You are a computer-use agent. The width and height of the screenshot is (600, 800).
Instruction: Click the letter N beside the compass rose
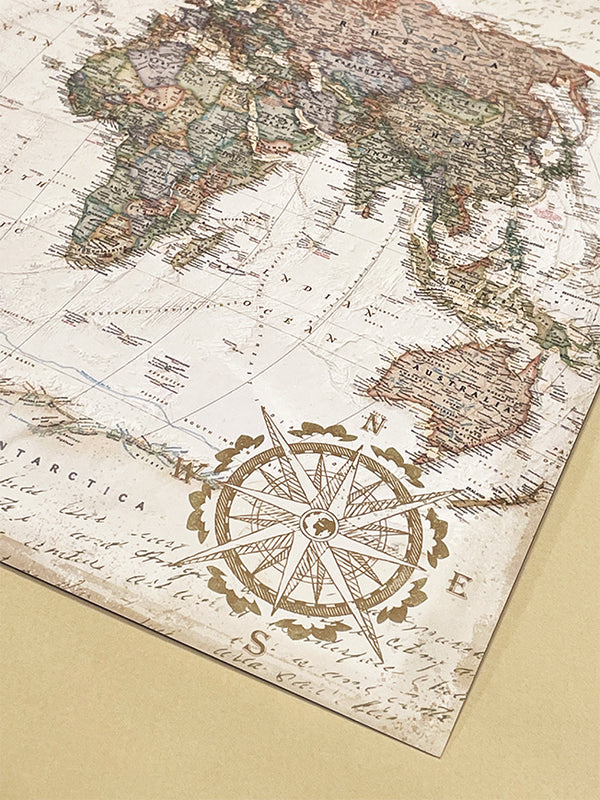tap(376, 425)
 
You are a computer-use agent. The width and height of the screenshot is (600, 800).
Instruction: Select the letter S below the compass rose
tap(256, 645)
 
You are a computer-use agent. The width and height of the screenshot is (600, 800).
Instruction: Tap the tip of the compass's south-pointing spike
tap(379, 660)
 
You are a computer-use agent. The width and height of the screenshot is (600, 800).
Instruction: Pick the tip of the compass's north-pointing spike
tap(264, 409)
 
